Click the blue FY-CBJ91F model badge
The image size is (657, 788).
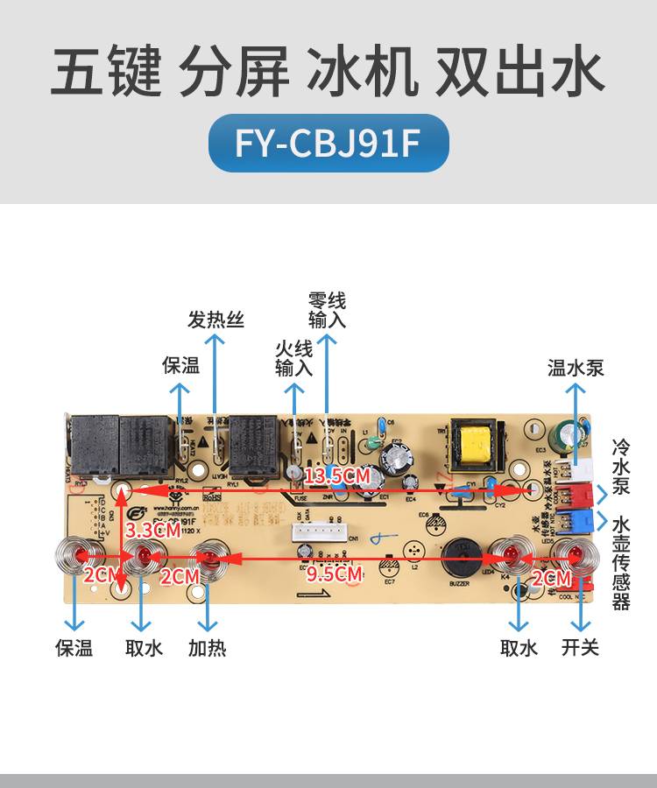click(328, 143)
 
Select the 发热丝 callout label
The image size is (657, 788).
click(215, 320)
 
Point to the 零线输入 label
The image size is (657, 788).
click(327, 310)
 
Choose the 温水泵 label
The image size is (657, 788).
click(576, 367)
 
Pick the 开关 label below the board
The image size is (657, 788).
click(580, 648)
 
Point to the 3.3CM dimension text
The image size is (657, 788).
click(152, 530)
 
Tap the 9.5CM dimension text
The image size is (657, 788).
click(335, 574)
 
